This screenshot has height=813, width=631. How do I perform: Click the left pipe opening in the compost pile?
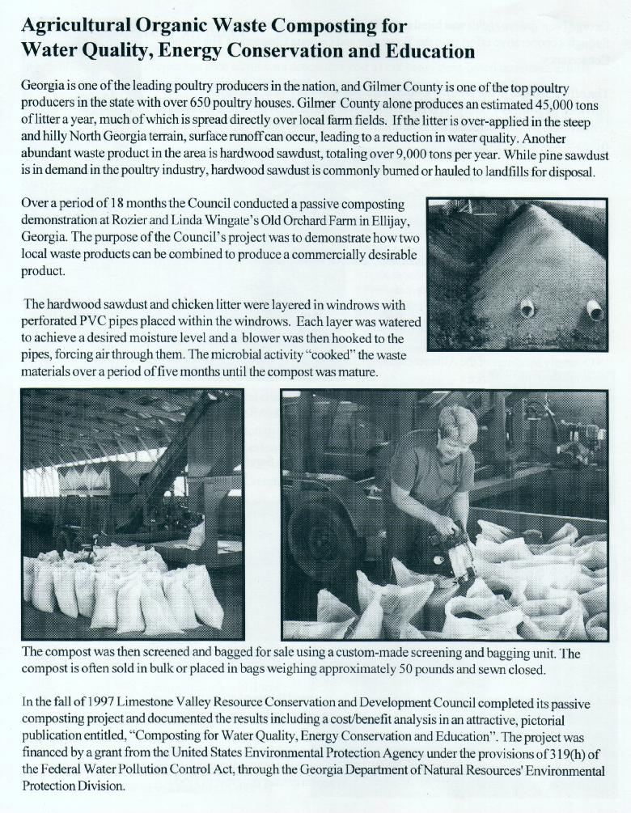click(527, 307)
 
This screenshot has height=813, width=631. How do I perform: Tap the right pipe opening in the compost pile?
click(595, 310)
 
